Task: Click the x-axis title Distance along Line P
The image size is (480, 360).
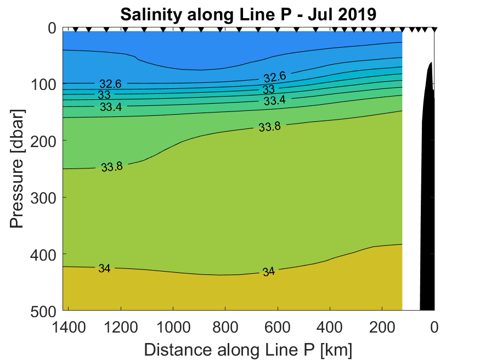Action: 248,349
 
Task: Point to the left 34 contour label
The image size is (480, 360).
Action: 104,268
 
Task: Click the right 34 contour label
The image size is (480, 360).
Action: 268,271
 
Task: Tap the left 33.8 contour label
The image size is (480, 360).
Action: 111,166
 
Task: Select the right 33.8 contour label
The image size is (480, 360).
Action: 269,127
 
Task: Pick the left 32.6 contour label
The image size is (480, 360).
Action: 110,84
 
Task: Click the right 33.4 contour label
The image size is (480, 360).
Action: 274,100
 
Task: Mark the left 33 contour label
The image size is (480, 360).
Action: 104,95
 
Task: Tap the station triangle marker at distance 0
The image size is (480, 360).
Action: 434,29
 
